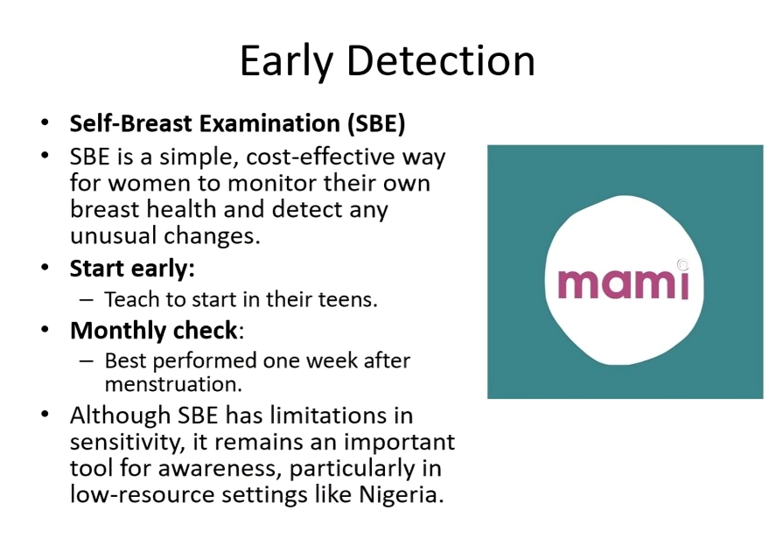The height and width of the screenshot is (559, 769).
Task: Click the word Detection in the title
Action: pyautogui.click(x=440, y=61)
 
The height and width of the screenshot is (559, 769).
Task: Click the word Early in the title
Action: pyautogui.click(x=286, y=62)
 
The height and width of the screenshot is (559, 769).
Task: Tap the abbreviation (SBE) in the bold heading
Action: pyautogui.click(x=376, y=123)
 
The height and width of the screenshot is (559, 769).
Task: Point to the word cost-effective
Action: pyautogui.click(x=321, y=157)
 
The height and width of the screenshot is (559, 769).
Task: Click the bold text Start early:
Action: pyautogui.click(x=132, y=269)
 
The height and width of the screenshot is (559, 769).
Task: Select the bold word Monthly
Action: pyautogui.click(x=118, y=331)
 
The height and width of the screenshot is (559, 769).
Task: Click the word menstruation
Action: pyautogui.click(x=173, y=384)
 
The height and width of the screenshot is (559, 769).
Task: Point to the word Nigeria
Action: pyautogui.click(x=402, y=493)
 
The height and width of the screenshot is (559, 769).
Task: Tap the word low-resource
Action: pyautogui.click(x=143, y=493)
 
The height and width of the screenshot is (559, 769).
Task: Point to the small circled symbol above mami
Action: pyautogui.click(x=682, y=264)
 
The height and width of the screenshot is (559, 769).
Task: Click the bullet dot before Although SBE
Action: pyautogui.click(x=45, y=415)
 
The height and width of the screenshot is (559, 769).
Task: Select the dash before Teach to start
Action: pyautogui.click(x=86, y=300)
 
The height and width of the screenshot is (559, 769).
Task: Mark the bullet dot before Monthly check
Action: pyautogui.click(x=45, y=330)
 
